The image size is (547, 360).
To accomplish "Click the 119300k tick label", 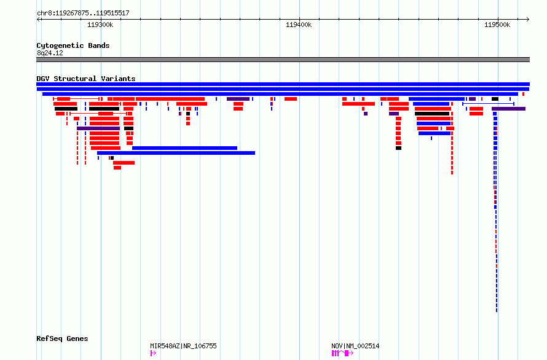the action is (100, 25).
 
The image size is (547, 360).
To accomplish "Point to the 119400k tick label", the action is (299, 25).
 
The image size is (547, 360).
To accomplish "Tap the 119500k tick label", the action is (497, 25).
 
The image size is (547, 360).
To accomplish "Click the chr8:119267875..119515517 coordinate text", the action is (83, 13).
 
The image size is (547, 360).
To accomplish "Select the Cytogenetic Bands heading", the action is (73, 45).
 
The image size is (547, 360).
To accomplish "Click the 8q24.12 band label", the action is (50, 53).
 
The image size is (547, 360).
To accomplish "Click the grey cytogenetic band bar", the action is (283, 60).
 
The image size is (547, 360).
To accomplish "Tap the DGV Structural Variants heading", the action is (86, 79).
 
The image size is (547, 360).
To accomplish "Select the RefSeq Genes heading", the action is (62, 338).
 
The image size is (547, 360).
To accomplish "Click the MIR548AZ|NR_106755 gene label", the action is (183, 346).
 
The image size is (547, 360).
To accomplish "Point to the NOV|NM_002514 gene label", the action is (355, 346).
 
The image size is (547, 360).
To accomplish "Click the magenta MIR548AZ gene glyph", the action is (153, 353).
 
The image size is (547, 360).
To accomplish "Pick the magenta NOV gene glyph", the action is (342, 353).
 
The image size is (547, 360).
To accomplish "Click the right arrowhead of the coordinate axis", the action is (528, 19).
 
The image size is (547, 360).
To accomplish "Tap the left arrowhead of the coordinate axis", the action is (38, 19).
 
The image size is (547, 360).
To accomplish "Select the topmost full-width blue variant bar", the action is (283, 84).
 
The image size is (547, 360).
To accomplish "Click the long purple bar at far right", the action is (509, 109).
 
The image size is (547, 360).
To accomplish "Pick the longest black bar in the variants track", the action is (432, 114).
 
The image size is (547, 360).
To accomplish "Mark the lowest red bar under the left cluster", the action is (117, 168).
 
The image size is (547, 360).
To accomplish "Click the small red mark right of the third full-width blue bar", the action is (523, 94).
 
